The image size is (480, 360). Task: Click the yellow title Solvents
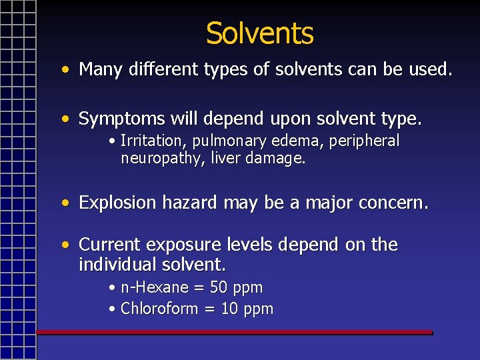(259, 33)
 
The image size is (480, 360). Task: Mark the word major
(328, 203)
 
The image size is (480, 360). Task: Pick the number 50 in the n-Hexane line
(218, 288)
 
